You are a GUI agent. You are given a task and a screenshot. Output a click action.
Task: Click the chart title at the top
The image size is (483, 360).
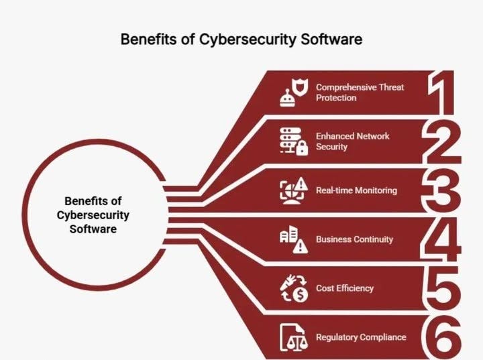pos(241,39)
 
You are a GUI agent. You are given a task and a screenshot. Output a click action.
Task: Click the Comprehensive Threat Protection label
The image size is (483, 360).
pos(360,93)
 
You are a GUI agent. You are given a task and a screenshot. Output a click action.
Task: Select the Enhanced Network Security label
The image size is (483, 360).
pos(353,141)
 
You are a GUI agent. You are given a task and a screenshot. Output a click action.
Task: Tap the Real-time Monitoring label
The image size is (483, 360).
pos(356,190)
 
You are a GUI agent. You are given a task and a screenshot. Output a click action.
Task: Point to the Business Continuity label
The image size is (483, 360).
pos(354,239)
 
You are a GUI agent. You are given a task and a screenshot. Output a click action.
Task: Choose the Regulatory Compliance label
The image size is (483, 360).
pos(361,337)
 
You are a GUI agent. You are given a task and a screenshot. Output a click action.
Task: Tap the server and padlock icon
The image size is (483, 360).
pos(294,141)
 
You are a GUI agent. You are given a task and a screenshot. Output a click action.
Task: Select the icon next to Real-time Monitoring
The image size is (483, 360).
pos(293,190)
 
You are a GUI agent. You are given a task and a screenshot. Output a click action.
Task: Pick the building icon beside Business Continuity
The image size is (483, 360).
pos(293,240)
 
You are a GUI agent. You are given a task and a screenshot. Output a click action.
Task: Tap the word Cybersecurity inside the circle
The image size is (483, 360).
pos(93,215)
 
